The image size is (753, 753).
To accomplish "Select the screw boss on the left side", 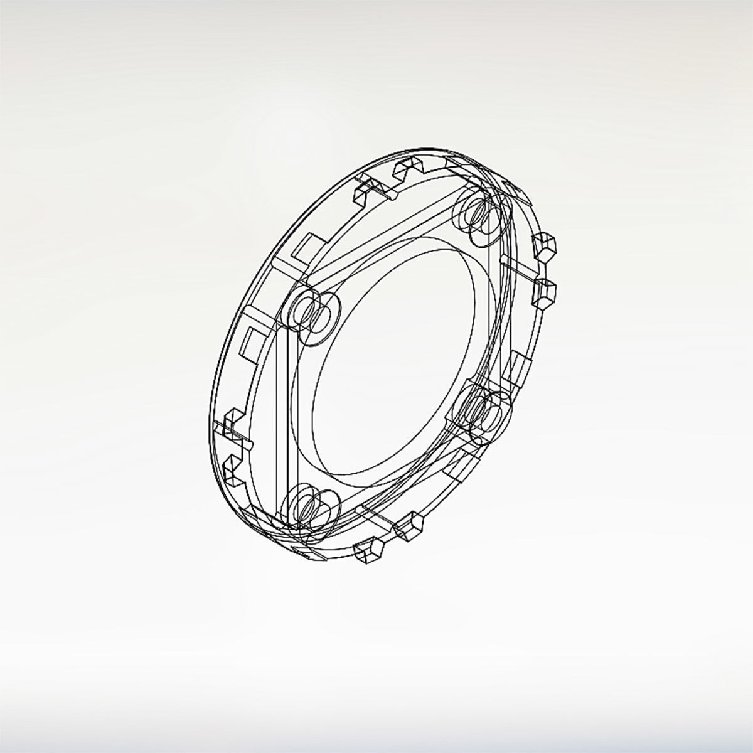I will (x=312, y=312).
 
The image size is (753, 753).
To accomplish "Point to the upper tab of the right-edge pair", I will (x=544, y=246).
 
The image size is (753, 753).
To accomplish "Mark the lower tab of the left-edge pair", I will (x=233, y=474).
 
